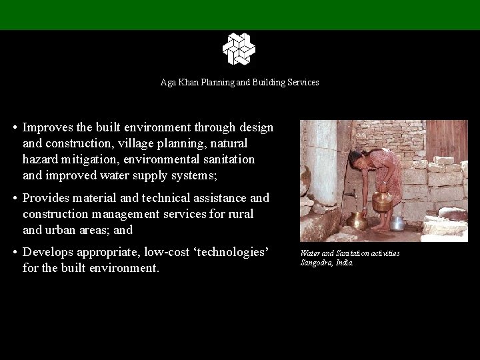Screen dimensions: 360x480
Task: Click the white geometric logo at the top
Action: (239, 49)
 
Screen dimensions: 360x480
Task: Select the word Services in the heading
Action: (304, 82)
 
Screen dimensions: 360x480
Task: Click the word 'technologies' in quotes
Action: (228, 253)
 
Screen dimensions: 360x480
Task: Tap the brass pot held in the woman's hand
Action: (382, 201)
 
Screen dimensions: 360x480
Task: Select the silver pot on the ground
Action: (398, 223)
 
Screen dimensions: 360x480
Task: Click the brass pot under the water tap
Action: (357, 220)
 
